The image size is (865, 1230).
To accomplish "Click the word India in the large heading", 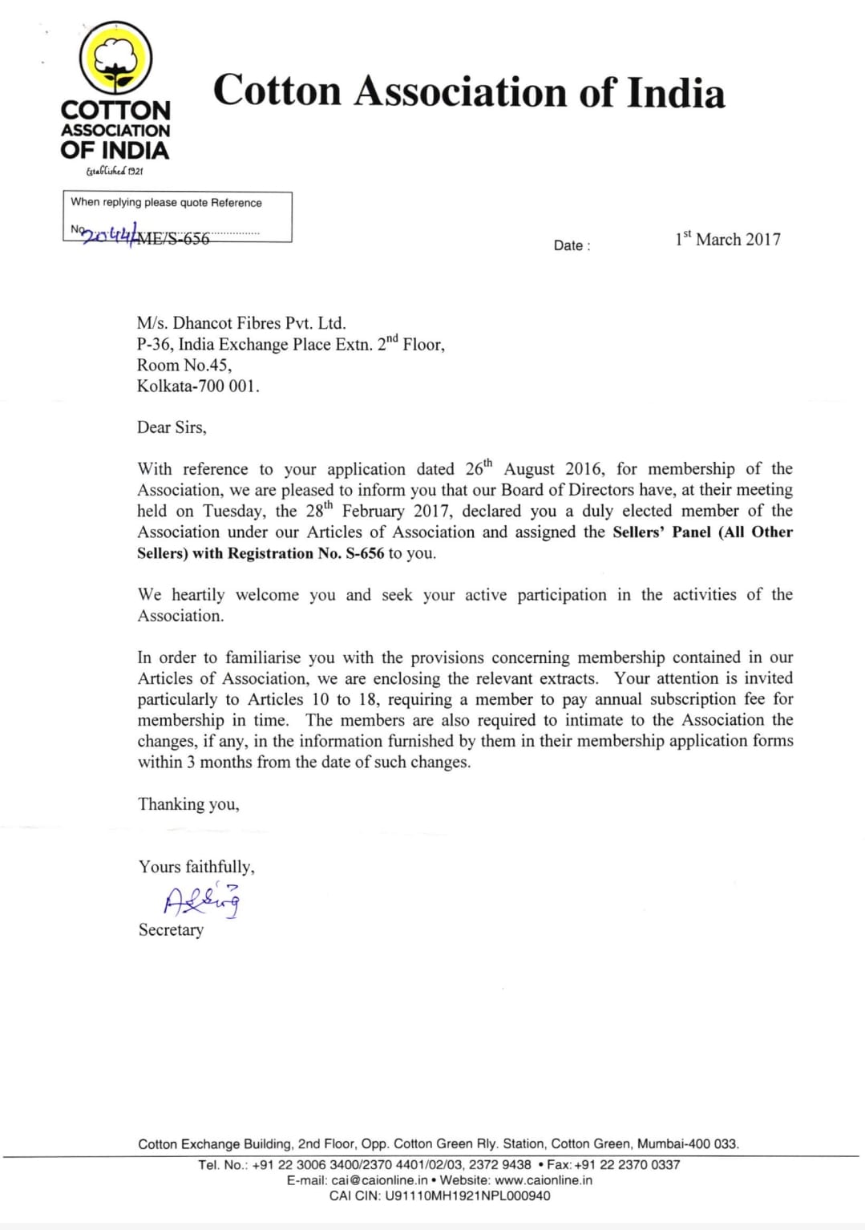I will point(676,92).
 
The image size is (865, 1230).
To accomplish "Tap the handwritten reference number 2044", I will point(111,235).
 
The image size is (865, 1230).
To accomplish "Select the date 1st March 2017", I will point(727,239).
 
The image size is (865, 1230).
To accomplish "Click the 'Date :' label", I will point(572,245).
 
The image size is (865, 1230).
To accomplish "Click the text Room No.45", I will point(184,365).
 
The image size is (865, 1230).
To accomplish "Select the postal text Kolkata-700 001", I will point(198,386).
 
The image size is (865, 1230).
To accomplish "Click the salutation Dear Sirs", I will point(172,427).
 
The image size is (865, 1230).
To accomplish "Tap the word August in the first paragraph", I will point(528,469).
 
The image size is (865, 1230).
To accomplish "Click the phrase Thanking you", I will point(188,804).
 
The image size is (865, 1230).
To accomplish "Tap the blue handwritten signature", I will point(201,900).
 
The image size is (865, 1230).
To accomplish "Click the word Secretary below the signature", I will point(171,930).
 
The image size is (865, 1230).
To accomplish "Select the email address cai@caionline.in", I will point(379,1180).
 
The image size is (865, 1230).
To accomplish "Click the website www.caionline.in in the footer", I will point(544,1180).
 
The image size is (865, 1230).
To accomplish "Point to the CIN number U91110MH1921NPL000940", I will point(467,1196).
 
